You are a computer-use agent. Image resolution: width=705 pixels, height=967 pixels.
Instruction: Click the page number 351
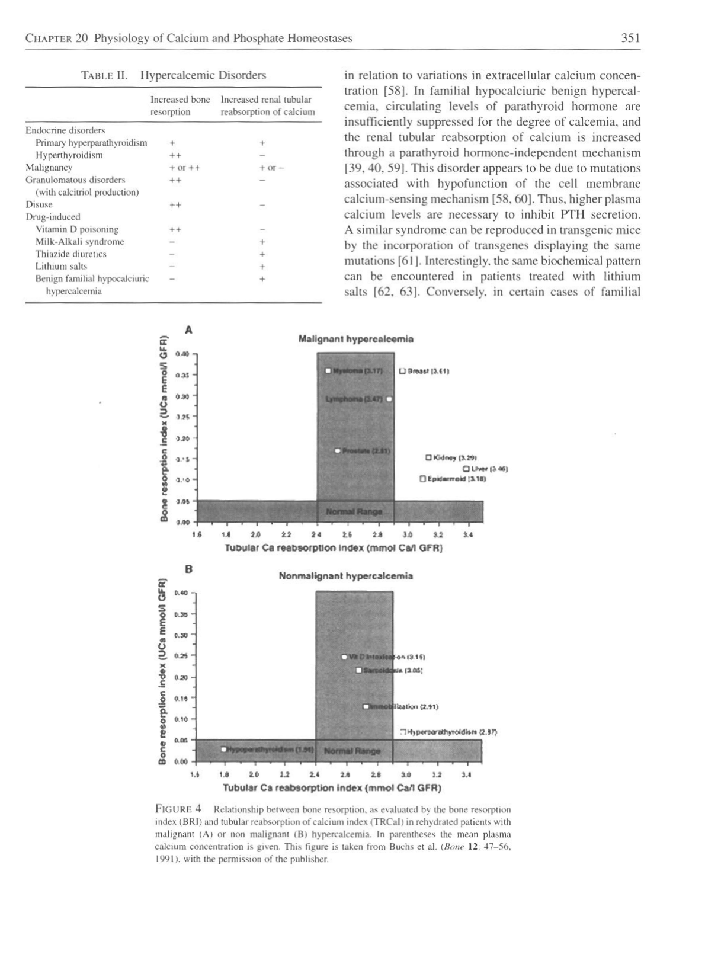click(630, 39)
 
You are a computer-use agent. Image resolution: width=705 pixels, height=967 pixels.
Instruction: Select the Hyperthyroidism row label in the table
click(69, 155)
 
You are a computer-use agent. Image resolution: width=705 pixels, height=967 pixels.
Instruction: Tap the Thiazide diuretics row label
click(70, 254)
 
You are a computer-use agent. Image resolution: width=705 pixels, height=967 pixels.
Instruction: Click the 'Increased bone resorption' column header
click(180, 105)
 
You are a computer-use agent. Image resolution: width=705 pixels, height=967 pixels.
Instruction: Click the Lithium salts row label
click(61, 266)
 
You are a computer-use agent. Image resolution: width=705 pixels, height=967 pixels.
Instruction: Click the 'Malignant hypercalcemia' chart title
click(355, 340)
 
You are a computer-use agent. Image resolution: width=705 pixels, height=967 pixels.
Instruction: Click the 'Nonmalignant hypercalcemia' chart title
click(346, 575)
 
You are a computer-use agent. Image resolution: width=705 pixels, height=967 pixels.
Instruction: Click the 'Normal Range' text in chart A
click(355, 511)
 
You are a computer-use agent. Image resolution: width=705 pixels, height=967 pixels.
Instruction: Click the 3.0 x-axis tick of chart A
click(408, 533)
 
